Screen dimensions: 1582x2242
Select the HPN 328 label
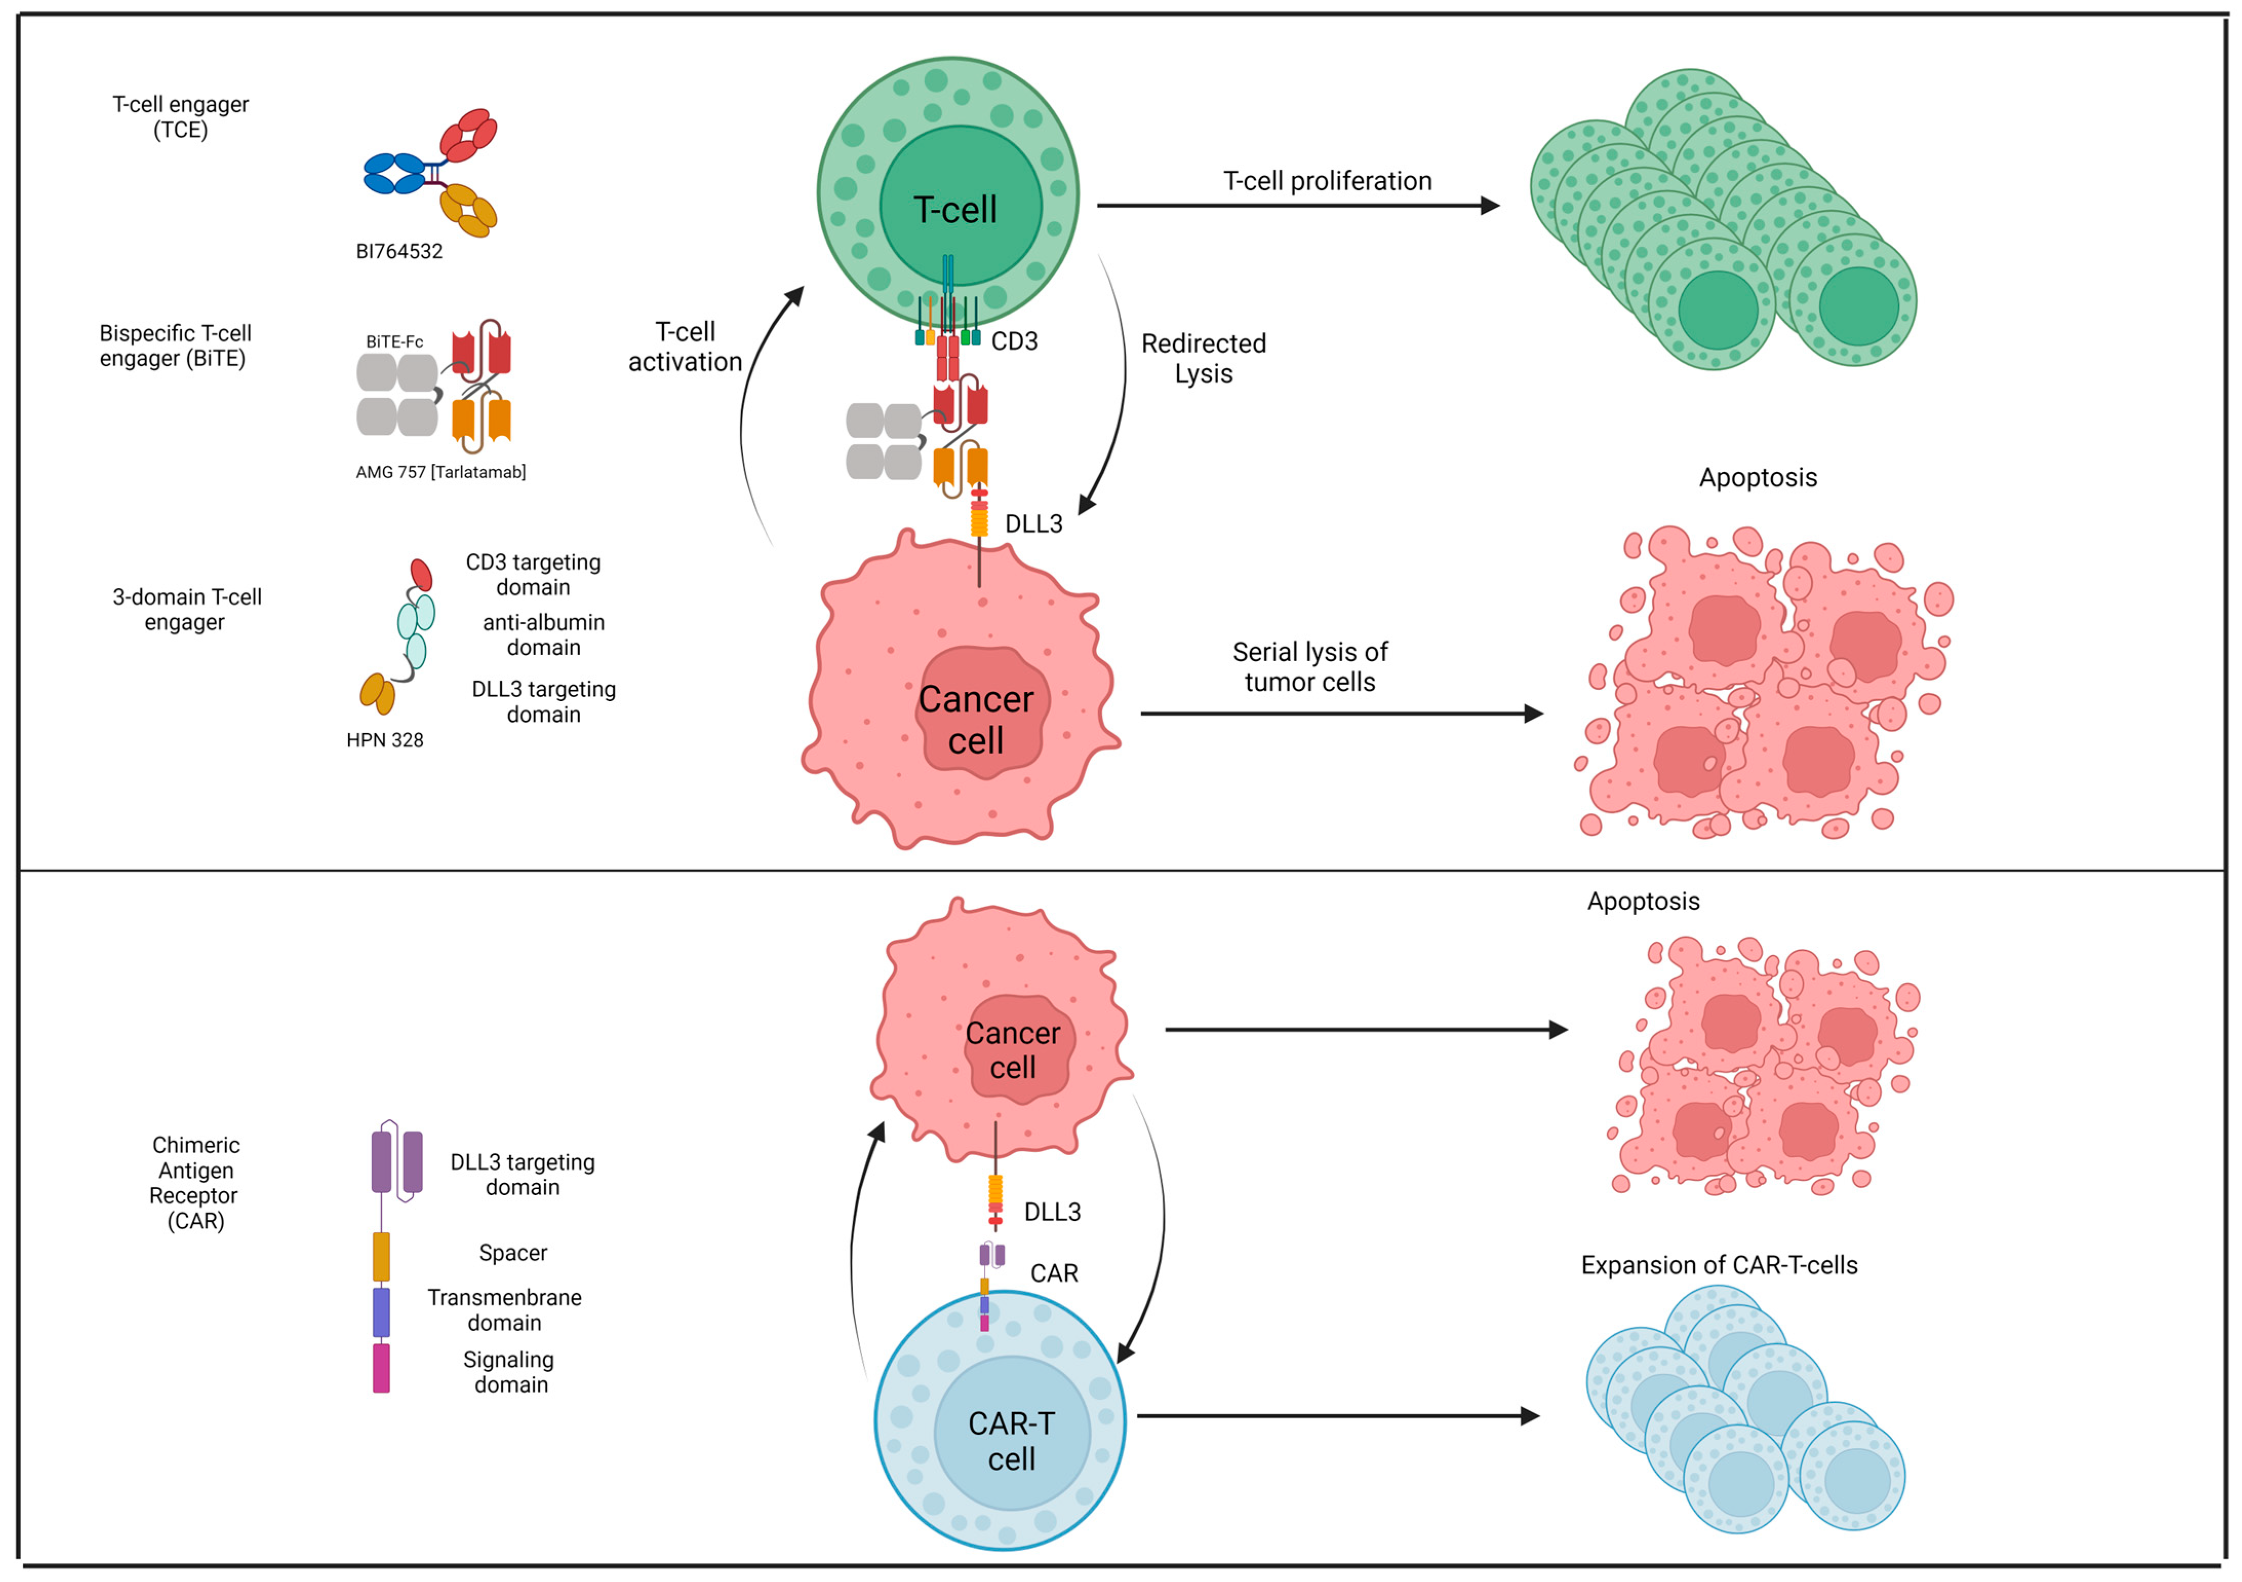coord(385,740)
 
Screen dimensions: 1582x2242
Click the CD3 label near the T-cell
coord(1014,342)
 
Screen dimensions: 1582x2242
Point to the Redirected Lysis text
coord(1203,359)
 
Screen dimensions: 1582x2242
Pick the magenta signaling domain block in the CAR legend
coord(381,1368)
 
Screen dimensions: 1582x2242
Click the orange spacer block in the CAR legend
coord(381,1257)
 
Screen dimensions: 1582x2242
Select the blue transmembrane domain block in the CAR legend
coord(381,1313)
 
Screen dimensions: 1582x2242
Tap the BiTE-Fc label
coord(394,342)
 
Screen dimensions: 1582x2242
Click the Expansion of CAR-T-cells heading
coord(1719,1265)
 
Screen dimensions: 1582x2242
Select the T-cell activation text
coord(685,347)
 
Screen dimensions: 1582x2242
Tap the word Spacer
coord(512,1253)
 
